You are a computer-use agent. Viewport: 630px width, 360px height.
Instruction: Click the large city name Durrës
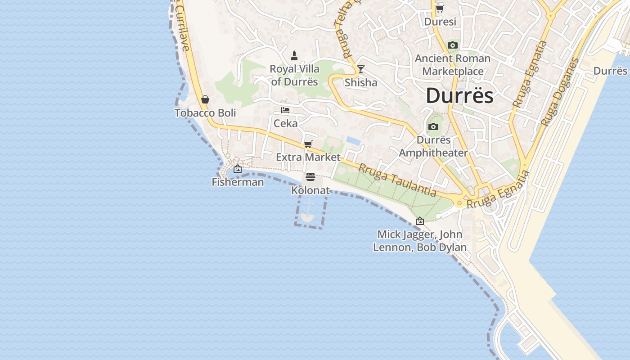(459, 96)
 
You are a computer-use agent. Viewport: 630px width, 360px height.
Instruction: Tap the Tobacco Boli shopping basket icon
(205, 99)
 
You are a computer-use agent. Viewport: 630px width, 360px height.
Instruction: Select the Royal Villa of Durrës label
(295, 75)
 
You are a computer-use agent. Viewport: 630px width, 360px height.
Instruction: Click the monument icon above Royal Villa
(294, 56)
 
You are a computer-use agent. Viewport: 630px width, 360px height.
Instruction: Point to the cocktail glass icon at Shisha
(360, 69)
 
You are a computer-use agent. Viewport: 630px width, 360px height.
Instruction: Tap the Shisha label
(361, 82)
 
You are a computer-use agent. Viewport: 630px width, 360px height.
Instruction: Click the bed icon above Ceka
(285, 110)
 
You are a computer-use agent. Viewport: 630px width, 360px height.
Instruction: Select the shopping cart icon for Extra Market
(308, 144)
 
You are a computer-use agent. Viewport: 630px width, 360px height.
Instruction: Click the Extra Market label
(308, 157)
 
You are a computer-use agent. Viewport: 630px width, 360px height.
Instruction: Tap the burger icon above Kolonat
(310, 177)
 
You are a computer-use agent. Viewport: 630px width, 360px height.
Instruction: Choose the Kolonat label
(310, 190)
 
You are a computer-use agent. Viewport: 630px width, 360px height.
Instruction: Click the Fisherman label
(238, 182)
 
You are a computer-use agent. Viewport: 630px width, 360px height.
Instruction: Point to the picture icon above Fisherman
(238, 169)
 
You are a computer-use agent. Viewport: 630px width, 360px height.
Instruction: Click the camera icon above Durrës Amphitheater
(433, 127)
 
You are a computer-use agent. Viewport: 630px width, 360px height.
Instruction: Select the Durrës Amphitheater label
(433, 146)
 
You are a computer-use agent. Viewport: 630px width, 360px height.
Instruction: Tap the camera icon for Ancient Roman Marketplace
(453, 45)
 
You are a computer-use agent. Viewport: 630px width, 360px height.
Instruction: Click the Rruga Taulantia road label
(397, 180)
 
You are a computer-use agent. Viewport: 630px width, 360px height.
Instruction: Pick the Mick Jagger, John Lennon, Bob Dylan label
(420, 241)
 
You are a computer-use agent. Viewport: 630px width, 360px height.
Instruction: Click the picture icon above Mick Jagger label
(420, 221)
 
